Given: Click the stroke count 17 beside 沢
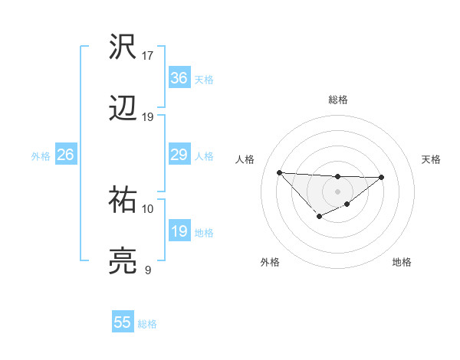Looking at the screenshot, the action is point(148,56).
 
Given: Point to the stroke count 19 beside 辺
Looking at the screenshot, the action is point(148,117).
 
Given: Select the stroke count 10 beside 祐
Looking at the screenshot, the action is point(148,208).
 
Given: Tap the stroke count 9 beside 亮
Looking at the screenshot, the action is point(148,270).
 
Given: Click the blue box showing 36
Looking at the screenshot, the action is point(179,78).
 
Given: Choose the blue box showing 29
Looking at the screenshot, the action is point(179,155).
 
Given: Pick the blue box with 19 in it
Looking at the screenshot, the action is point(179,231).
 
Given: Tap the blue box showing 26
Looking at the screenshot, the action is point(65,155).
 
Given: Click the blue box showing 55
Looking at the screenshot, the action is point(123,322).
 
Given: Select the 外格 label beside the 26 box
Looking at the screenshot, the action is point(41,156).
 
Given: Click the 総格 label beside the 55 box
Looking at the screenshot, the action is point(147,324).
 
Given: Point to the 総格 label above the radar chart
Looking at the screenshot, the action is point(337,100).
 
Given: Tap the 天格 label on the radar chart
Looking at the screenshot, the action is point(431,159).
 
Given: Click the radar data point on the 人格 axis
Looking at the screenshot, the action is point(279,172).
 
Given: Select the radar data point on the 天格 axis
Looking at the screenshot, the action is point(382,177).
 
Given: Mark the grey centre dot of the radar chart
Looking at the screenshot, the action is point(337,191).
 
